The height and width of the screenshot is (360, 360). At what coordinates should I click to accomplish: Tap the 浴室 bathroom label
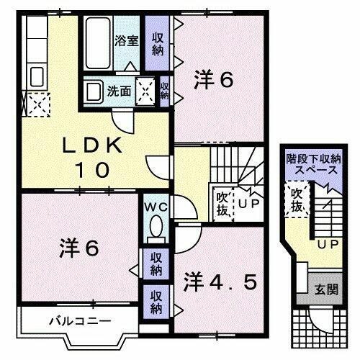[x=127, y=40]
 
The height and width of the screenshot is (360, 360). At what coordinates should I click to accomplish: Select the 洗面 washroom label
[x=119, y=91]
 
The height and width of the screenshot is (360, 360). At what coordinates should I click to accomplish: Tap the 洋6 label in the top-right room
[x=214, y=81]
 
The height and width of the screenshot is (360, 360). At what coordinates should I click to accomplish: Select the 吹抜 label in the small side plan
[x=296, y=199]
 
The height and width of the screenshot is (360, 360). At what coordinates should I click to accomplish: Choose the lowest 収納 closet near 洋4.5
[x=156, y=300]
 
